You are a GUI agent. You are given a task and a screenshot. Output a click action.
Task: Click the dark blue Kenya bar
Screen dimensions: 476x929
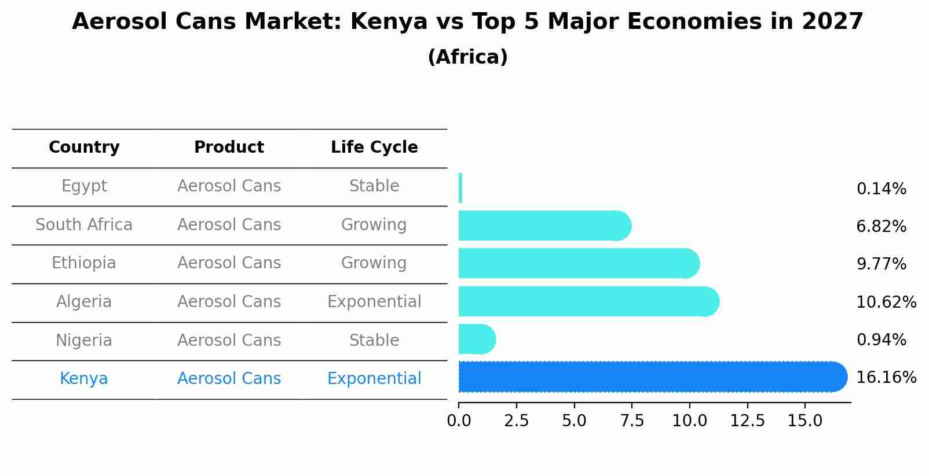click(x=649, y=377)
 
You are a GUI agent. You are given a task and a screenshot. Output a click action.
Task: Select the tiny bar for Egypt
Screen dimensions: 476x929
click(x=460, y=188)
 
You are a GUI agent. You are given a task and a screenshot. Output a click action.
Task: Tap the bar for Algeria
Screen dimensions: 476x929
click(x=585, y=301)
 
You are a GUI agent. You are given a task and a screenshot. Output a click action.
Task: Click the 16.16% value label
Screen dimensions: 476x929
click(x=886, y=378)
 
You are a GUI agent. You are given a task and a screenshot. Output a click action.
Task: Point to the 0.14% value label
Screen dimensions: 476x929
click(x=881, y=189)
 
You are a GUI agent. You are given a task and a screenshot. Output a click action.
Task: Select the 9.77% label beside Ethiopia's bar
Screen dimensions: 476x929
click(x=881, y=264)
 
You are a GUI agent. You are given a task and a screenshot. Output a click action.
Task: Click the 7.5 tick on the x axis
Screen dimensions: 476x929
click(x=632, y=420)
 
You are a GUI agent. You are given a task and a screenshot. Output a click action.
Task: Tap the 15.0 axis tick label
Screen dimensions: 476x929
click(x=804, y=420)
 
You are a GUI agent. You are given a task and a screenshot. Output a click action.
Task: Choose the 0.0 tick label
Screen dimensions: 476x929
click(x=459, y=420)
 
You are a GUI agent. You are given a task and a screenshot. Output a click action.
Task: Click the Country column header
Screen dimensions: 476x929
click(x=84, y=147)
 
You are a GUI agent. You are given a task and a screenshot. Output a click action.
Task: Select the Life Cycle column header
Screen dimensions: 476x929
click(x=374, y=147)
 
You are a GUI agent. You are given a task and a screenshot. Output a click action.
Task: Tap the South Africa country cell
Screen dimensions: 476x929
click(x=84, y=224)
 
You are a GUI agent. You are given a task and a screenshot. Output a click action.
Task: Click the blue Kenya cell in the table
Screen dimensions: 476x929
click(x=84, y=379)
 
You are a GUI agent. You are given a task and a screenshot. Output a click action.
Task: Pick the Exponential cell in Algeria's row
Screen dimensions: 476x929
click(x=374, y=302)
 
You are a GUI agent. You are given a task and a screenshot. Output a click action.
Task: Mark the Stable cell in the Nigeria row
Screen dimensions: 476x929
click(x=374, y=340)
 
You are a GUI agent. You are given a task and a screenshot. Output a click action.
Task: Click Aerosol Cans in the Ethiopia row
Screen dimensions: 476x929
click(x=229, y=263)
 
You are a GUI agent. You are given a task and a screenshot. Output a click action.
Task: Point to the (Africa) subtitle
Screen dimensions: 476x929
click(x=467, y=57)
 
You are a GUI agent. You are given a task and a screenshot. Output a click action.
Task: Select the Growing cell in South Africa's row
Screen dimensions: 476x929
click(x=374, y=224)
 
